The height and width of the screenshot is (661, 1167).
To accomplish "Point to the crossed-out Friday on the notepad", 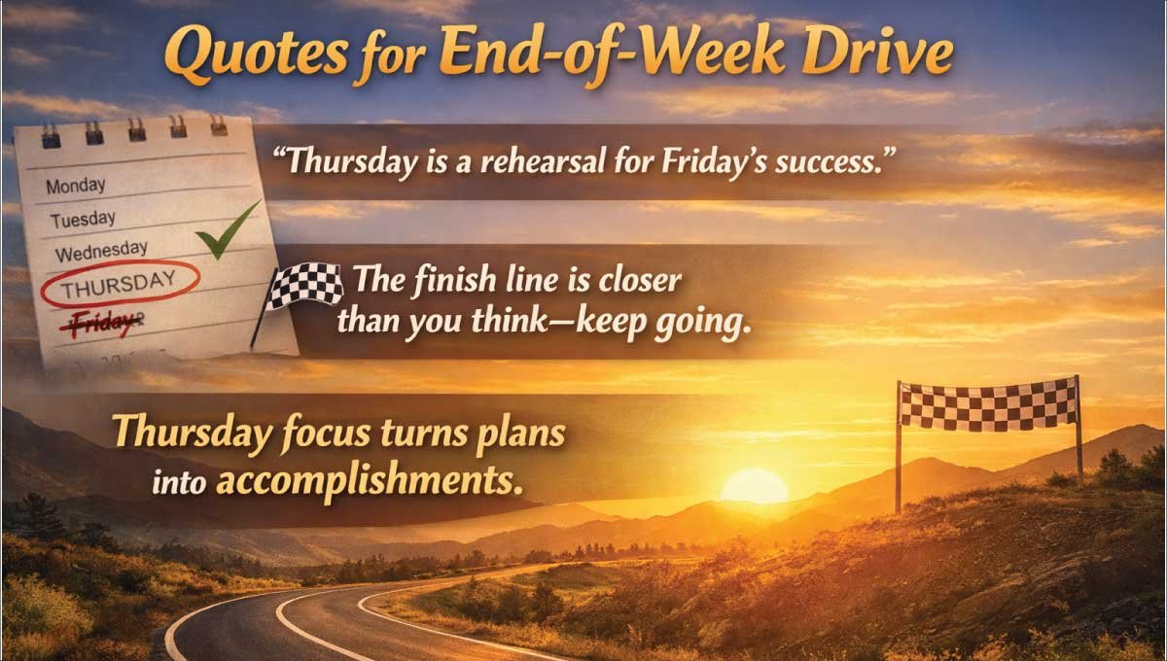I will (103, 323).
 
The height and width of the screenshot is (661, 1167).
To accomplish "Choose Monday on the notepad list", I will (76, 184).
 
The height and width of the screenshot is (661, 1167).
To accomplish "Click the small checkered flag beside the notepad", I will (305, 285).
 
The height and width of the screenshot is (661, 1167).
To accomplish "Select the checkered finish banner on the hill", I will (988, 403).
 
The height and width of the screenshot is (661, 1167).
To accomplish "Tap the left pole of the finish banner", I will (899, 447).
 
